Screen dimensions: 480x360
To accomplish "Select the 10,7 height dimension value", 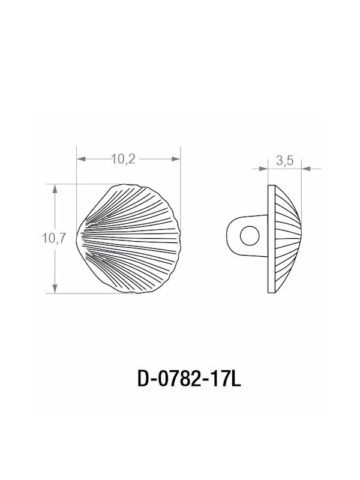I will pyautogui.click(x=53, y=238).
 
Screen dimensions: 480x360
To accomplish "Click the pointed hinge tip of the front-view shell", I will pyautogui.click(x=79, y=239).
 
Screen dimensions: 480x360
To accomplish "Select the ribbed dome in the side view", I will pyautogui.click(x=286, y=238).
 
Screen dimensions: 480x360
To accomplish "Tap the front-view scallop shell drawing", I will pyautogui.click(x=129, y=238).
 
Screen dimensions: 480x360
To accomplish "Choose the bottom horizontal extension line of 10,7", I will pyautogui.click(x=90, y=293).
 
